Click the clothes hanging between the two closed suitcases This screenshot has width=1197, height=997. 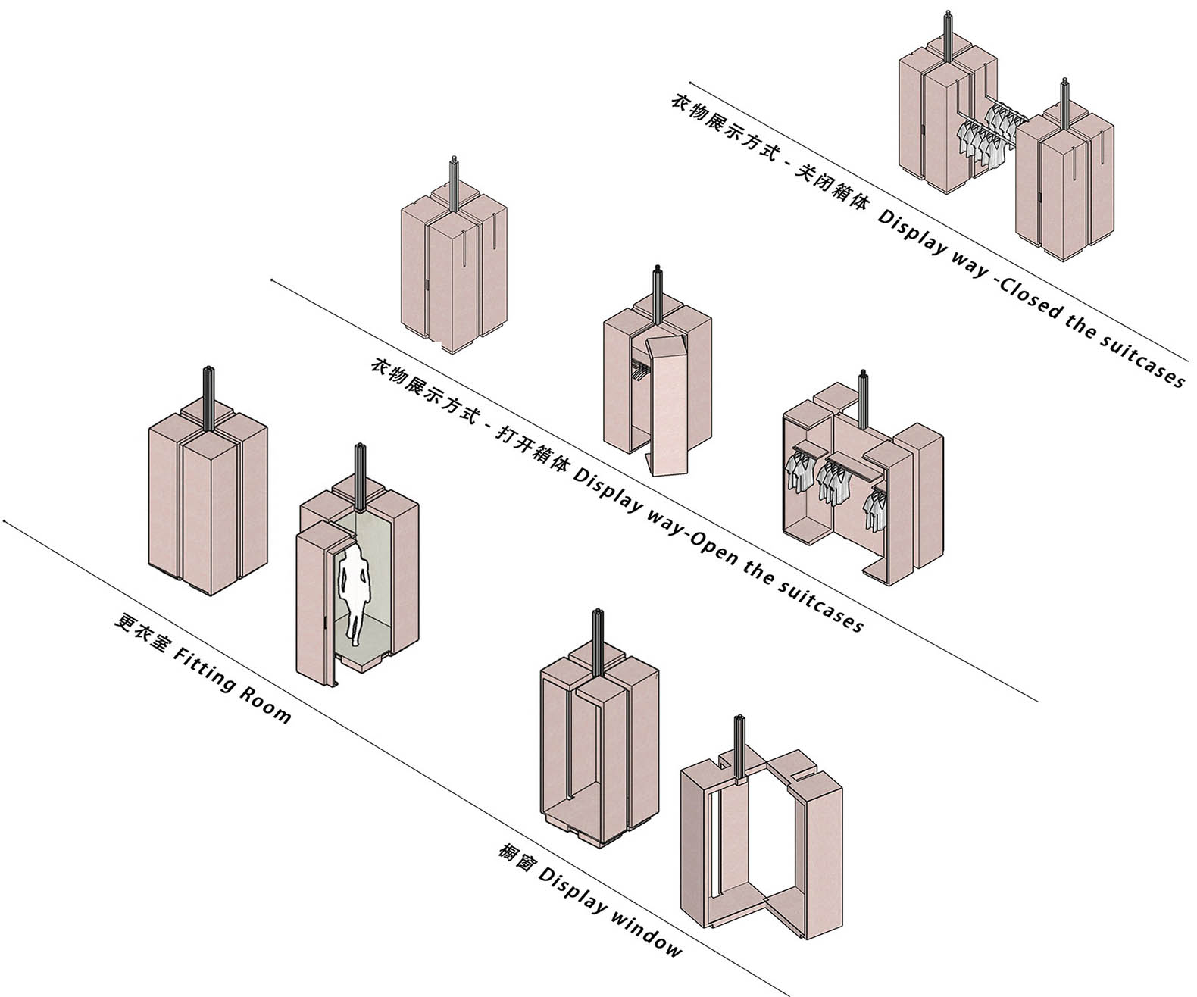coord(985,133)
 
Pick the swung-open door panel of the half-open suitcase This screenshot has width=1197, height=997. coord(670,409)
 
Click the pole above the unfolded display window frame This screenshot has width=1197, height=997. coord(739,742)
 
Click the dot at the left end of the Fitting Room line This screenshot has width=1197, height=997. coord(5,521)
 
